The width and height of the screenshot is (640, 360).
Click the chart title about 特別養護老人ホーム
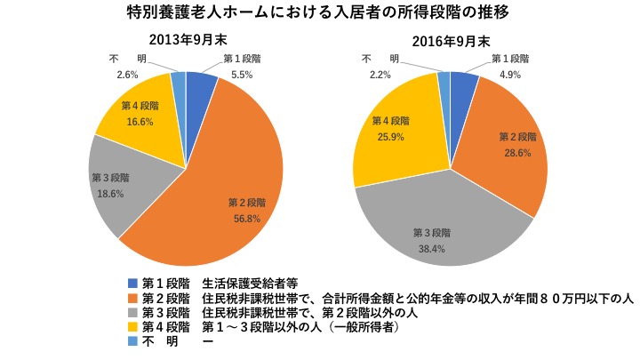pos(319,13)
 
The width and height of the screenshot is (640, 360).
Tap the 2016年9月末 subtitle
pos(451,41)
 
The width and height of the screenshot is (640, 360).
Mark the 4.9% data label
pos(508,74)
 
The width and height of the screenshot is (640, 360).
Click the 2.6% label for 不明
pos(127,75)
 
